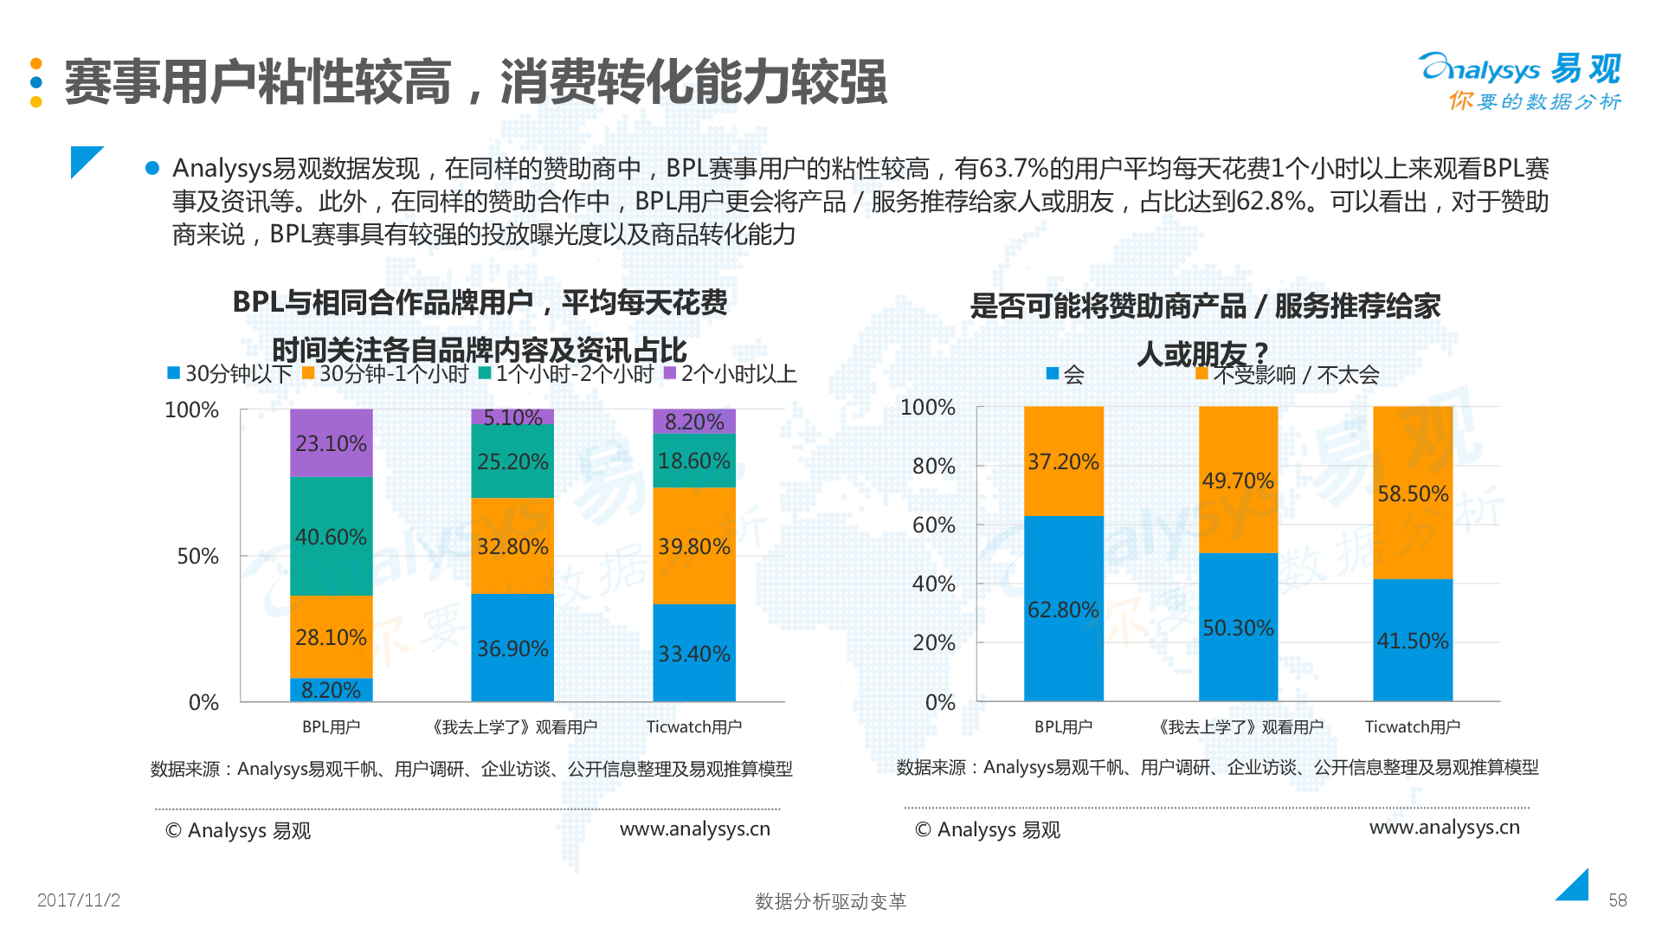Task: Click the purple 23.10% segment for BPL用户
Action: click(331, 442)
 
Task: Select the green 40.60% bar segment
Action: click(331, 536)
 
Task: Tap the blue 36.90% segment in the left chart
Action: click(512, 648)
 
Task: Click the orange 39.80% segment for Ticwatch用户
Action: click(693, 545)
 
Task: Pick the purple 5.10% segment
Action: click(512, 416)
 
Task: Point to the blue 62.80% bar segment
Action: click(1063, 609)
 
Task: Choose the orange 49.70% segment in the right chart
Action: click(1238, 480)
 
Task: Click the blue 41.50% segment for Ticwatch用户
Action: click(1412, 640)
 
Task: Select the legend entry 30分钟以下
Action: click(229, 374)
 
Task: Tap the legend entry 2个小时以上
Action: click(729, 374)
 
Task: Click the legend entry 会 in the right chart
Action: click(1066, 375)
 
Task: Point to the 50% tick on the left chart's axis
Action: click(197, 556)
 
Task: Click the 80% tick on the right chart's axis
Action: click(933, 466)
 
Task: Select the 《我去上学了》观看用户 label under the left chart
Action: click(514, 727)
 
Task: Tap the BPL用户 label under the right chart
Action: click(1063, 727)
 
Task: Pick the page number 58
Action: click(1617, 900)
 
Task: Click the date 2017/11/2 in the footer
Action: click(79, 900)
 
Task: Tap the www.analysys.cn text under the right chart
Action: click(1444, 827)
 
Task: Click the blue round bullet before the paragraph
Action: click(152, 168)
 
